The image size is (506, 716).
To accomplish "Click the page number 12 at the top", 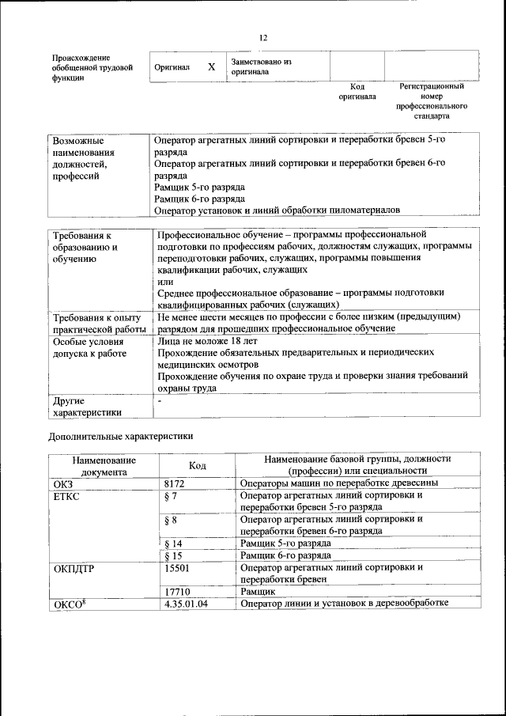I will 263,37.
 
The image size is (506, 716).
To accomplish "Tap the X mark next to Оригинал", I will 211,67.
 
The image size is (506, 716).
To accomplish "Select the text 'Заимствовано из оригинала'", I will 262,66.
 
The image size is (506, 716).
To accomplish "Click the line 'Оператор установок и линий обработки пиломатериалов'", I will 278,210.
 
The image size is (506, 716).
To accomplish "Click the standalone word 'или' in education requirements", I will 164,282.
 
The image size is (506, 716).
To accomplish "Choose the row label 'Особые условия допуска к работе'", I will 89,347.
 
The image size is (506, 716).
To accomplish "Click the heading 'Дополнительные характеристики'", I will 120,436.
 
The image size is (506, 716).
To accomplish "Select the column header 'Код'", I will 198,466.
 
